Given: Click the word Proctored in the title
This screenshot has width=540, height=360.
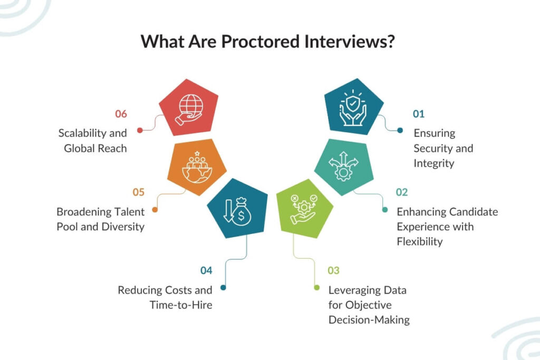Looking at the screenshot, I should click(258, 42).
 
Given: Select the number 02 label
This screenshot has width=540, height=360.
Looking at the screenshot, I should click(402, 192).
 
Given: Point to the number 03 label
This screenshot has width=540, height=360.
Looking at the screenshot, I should click(333, 271).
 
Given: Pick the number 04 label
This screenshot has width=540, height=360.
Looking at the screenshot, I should click(206, 271).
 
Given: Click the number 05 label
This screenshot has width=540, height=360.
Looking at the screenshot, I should click(139, 192).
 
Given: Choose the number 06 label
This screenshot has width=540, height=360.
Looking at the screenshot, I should click(122, 113).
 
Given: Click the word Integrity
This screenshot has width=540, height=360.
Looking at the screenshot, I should click(434, 163).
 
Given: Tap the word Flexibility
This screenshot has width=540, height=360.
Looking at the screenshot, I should click(420, 242).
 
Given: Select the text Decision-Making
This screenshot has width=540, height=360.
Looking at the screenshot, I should click(369, 320).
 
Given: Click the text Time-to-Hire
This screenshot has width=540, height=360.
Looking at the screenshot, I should click(181, 305).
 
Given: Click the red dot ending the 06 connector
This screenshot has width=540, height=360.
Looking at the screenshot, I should click(140, 130).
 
